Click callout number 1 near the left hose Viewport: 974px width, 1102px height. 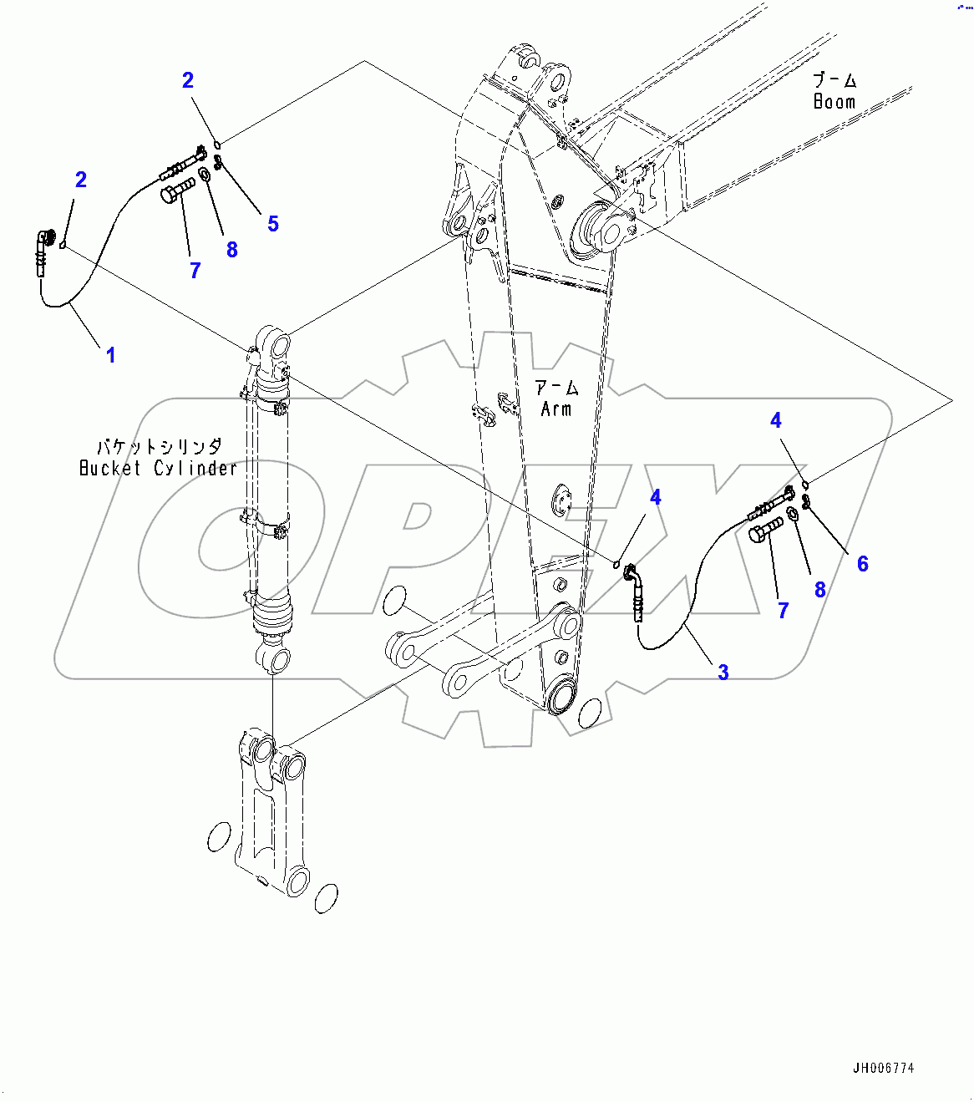tap(110, 355)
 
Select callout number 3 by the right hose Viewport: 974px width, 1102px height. tap(723, 672)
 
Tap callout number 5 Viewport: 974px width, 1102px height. tap(272, 224)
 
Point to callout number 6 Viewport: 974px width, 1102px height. tap(862, 564)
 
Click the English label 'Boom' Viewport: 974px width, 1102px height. tap(834, 102)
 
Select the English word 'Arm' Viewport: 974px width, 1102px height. tap(556, 409)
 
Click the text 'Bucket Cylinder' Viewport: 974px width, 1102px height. tap(158, 469)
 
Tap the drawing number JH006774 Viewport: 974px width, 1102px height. tap(883, 1069)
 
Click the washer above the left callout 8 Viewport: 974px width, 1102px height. tap(205, 175)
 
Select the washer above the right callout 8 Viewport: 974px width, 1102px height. tap(793, 512)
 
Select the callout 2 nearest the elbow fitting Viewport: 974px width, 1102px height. tap(80, 180)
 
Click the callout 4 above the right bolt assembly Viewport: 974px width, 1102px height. tap(775, 420)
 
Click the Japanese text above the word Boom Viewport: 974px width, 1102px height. tap(834, 81)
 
